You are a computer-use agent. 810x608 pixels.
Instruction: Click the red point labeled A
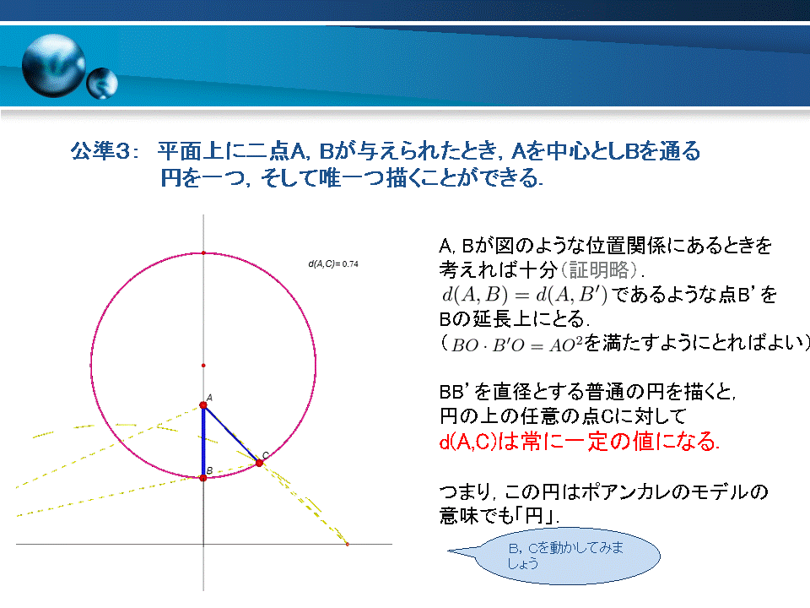(x=203, y=405)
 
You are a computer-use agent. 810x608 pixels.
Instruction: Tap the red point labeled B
(x=203, y=478)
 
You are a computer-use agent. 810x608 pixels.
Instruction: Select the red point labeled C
(x=259, y=463)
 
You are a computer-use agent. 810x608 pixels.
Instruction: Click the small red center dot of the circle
(x=203, y=366)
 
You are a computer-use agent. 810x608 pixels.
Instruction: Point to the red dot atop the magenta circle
(x=203, y=252)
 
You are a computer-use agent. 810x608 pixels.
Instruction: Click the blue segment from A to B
(x=203, y=442)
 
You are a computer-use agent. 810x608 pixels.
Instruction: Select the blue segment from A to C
(x=231, y=434)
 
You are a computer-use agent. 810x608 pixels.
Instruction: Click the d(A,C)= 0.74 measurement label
(x=333, y=264)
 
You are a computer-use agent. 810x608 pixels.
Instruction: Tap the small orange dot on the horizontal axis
(x=347, y=544)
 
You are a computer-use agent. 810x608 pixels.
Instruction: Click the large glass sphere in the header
(x=54, y=66)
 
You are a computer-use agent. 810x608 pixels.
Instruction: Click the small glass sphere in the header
(x=102, y=84)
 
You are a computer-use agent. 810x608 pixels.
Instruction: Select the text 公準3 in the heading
(x=100, y=151)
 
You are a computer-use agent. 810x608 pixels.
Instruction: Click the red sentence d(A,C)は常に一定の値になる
(x=579, y=442)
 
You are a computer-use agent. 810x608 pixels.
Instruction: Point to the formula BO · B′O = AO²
(x=516, y=345)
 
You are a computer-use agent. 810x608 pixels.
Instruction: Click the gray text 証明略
(x=599, y=270)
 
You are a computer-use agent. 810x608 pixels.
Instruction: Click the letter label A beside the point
(x=210, y=398)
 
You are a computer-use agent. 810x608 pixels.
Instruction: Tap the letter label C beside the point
(x=266, y=455)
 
